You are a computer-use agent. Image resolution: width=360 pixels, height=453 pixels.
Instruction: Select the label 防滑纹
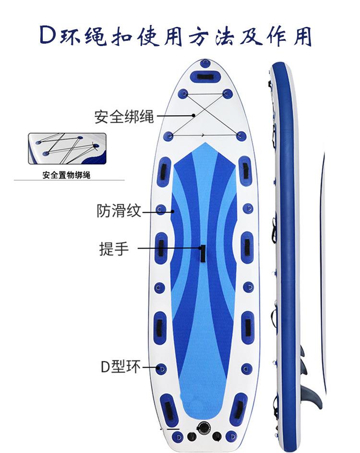point(120,210)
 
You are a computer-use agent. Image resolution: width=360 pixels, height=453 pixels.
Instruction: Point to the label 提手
point(114,249)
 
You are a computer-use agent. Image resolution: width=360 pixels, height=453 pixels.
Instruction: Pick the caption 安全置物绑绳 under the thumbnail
point(66,176)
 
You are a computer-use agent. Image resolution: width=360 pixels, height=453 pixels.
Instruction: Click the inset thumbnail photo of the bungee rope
point(66,148)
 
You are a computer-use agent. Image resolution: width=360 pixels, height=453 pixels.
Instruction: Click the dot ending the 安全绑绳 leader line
point(193,115)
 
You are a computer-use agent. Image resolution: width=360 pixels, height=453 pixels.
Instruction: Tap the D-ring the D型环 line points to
point(162,369)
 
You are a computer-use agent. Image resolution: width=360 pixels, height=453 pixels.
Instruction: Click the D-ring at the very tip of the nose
point(205,63)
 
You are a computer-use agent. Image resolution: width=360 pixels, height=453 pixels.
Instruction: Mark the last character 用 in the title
point(303,36)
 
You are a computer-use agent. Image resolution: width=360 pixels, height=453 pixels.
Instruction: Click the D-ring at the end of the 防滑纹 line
point(162,210)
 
